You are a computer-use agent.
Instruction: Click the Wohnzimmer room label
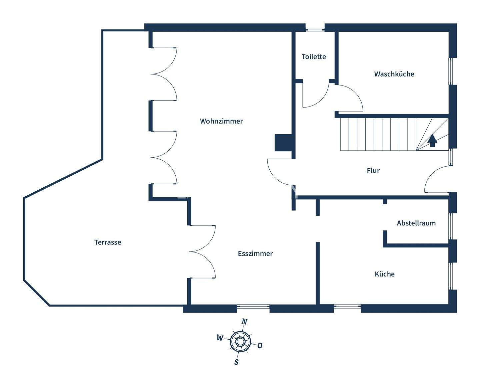(221, 121)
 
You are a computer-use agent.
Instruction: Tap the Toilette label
(314, 57)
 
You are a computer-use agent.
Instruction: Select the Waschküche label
(394, 74)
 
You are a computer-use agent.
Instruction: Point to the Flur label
(373, 171)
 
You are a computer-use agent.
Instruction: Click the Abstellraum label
(416, 223)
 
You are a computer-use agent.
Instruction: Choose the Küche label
(384, 274)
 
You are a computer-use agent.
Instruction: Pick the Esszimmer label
(255, 254)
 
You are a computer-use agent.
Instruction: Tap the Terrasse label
(107, 242)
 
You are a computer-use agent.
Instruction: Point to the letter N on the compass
(244, 322)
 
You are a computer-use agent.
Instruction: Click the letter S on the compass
(236, 362)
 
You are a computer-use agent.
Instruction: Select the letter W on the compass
(220, 338)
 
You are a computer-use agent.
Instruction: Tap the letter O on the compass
(260, 346)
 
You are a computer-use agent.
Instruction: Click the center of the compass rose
(240, 342)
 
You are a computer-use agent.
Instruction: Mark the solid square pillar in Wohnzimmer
(283, 143)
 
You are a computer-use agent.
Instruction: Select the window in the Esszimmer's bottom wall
(253, 306)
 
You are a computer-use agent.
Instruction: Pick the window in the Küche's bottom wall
(347, 306)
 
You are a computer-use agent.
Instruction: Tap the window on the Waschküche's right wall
(451, 71)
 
